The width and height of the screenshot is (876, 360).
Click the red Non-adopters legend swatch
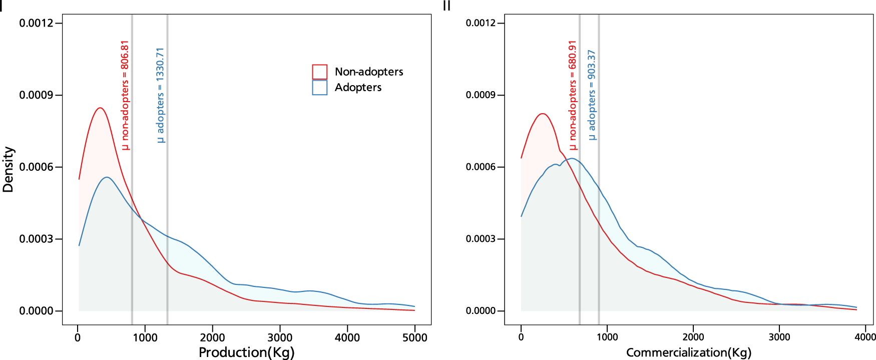(x=319, y=72)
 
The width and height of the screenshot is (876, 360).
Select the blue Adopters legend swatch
(x=319, y=88)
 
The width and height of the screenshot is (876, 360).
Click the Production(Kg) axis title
(x=246, y=352)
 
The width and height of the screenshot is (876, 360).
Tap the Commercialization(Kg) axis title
(x=689, y=352)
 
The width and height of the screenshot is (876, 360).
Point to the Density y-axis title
(x=8, y=169)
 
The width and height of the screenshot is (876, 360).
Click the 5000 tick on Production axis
(x=415, y=337)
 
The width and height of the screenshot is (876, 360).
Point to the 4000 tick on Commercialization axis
(x=865, y=337)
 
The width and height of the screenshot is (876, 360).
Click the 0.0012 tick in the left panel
(x=36, y=23)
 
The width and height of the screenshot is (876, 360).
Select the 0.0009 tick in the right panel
(x=483, y=95)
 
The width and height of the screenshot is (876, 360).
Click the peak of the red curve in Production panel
(x=100, y=108)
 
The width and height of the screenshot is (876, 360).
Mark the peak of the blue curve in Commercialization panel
(x=571, y=159)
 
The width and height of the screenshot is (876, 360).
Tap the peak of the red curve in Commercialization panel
(x=543, y=114)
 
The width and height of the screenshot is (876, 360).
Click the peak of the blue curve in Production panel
(x=107, y=177)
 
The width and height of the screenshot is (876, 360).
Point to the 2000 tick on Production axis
(x=212, y=337)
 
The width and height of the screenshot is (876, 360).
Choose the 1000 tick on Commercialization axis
(x=607, y=337)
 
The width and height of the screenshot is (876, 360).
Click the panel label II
(x=447, y=6)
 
